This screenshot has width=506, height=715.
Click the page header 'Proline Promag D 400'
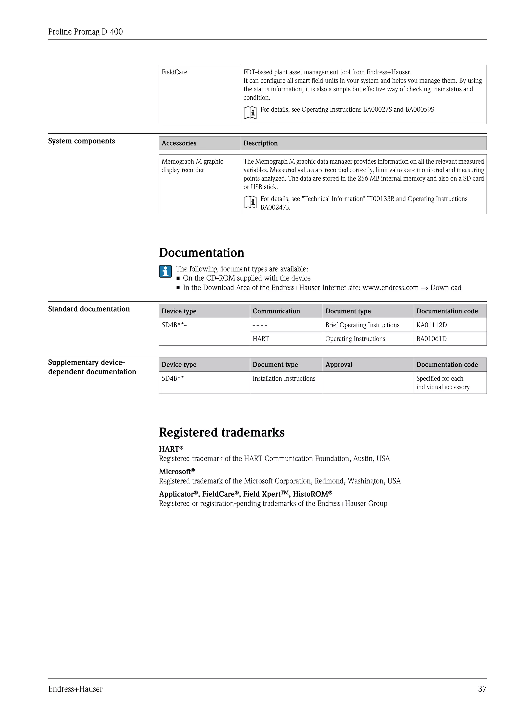[85, 32]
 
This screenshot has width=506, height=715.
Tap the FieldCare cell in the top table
[174, 72]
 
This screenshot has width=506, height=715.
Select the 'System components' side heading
[81, 141]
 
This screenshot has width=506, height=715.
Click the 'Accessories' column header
[179, 143]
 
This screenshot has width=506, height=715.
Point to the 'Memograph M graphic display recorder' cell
[192, 166]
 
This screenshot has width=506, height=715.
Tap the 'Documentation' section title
[202, 253]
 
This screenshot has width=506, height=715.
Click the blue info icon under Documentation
[165, 271]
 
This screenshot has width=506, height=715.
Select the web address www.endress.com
[390, 288]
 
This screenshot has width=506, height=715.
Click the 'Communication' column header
[276, 311]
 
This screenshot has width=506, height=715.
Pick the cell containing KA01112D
[432, 325]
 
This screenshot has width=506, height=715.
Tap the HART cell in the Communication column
[261, 339]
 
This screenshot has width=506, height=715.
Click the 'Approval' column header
[339, 365]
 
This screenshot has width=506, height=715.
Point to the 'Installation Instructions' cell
[284, 379]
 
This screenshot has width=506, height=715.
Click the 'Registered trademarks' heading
[222, 433]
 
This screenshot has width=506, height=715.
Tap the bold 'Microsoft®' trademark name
[177, 472]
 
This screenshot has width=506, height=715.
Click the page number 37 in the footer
[482, 689]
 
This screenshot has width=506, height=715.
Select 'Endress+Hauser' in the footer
[75, 689]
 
